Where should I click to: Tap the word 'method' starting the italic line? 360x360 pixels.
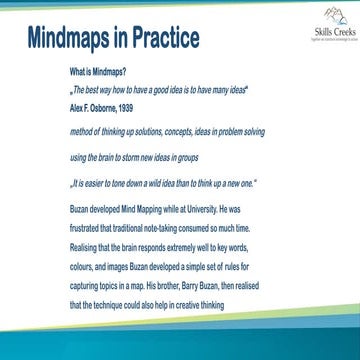pyautogui.click(x=82, y=133)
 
